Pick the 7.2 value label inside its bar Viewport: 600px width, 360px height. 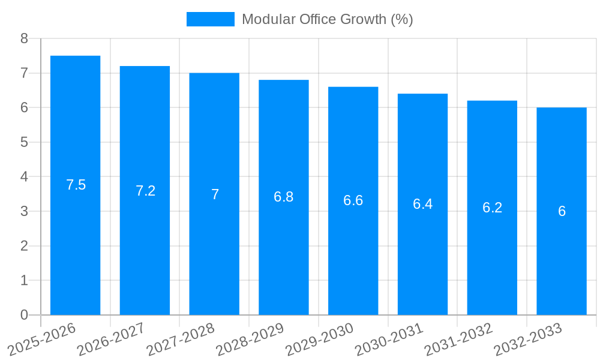click(x=145, y=191)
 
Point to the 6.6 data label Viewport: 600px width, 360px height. click(x=353, y=200)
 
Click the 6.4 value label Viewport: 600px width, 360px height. click(x=422, y=204)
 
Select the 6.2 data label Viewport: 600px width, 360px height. click(x=492, y=208)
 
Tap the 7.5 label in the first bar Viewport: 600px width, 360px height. click(x=76, y=185)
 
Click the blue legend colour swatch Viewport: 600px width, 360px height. click(x=210, y=19)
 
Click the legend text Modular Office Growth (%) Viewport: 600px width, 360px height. click(x=327, y=19)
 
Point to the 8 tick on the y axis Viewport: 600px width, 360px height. click(x=24, y=38)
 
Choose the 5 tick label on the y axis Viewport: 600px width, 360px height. click(x=24, y=142)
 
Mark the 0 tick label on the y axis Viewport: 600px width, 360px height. click(x=24, y=315)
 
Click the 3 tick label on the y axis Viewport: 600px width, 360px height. click(x=24, y=211)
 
